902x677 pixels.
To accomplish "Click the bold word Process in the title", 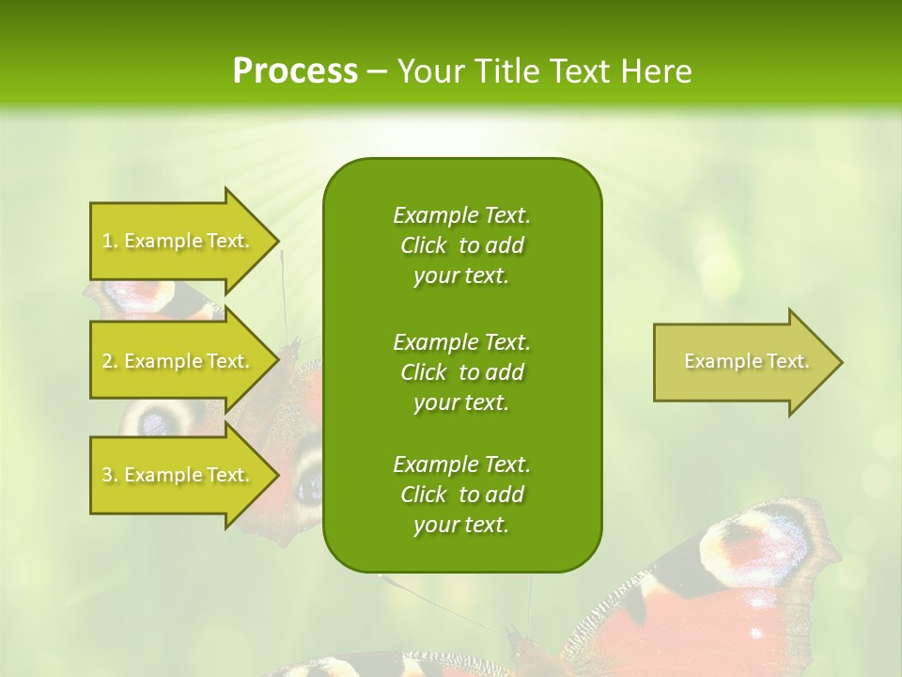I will [295, 71].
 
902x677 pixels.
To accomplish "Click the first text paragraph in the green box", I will [461, 245].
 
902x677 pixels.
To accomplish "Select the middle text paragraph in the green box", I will [461, 372].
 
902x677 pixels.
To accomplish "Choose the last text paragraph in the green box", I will [461, 495].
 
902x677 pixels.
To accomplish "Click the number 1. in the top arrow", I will [110, 242].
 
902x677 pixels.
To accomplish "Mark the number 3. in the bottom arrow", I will [110, 476].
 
